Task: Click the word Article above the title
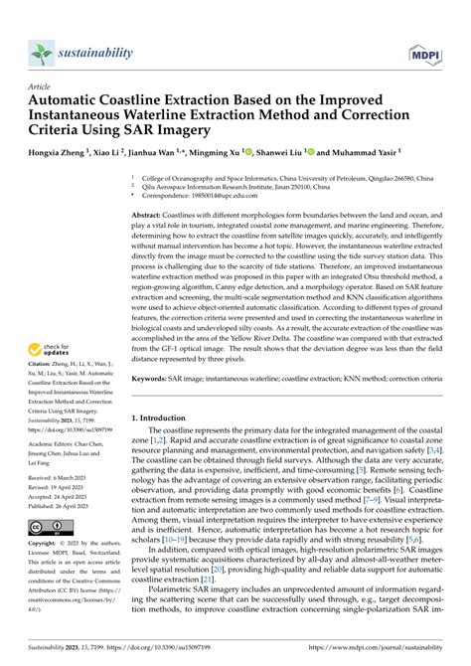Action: click(40, 86)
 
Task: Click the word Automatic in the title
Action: click(69, 100)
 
